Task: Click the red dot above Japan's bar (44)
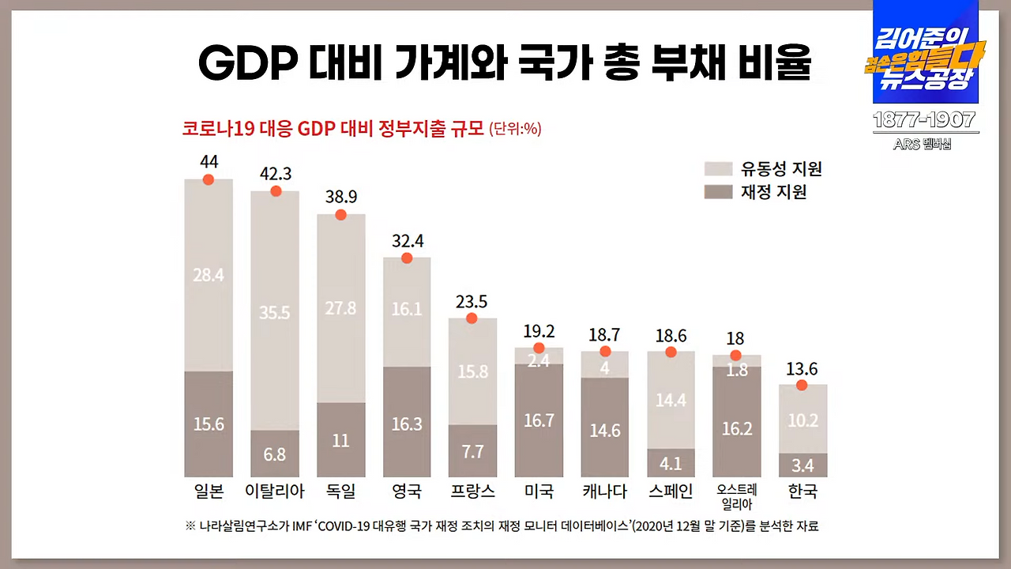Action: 209,179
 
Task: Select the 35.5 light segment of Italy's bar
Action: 275,312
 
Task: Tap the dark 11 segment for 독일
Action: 340,440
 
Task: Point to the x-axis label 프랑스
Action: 472,491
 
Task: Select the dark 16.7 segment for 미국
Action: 539,420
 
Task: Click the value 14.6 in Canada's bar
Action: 605,431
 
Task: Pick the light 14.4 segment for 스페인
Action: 671,400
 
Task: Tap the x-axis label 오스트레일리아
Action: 736,496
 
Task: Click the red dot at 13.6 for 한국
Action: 802,385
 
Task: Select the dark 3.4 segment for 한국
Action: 802,465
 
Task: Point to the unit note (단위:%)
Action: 515,129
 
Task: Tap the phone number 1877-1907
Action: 924,120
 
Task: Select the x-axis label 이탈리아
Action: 275,491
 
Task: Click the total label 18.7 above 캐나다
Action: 605,334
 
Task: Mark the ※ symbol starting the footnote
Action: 190,526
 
